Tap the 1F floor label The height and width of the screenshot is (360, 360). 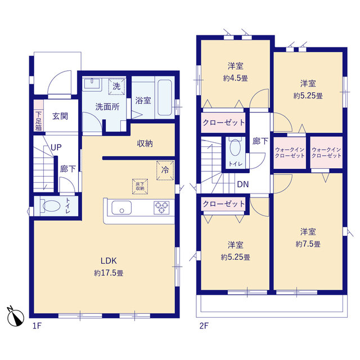click(37, 326)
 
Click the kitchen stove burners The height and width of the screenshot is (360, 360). click(162, 208)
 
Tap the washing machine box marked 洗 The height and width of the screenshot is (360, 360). click(116, 86)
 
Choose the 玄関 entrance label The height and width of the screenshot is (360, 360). click(60, 116)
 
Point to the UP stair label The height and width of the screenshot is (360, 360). click(56, 147)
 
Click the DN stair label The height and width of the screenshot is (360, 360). click(243, 184)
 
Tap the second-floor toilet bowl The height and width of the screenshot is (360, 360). click(235, 148)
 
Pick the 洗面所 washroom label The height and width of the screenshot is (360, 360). click(106, 106)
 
